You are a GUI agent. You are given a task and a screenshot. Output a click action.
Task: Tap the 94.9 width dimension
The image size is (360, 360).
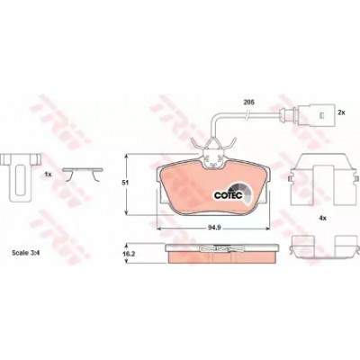tap(214, 228)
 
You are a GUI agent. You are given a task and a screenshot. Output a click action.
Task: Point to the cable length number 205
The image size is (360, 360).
tap(248, 103)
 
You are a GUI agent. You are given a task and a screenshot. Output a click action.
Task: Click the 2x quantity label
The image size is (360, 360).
tap(342, 112)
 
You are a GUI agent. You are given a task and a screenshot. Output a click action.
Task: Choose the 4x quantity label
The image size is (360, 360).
tap(322, 219)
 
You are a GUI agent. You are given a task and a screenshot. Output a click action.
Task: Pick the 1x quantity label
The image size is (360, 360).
tap(49, 174)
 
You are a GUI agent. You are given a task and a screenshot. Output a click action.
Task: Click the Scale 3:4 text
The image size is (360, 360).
tap(26, 253)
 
